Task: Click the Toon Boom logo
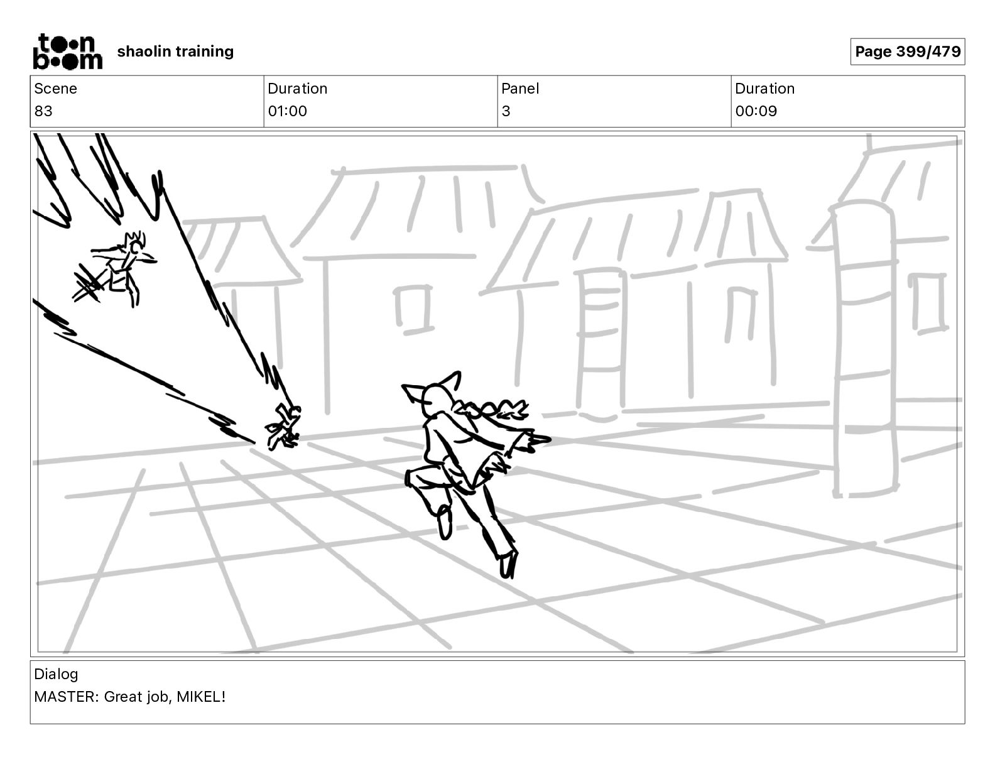pyautogui.click(x=67, y=52)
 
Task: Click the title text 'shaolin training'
pyautogui.click(x=175, y=52)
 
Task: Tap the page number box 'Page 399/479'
pyautogui.click(x=907, y=52)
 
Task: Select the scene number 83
pyautogui.click(x=43, y=111)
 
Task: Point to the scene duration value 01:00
pyautogui.click(x=287, y=111)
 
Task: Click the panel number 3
pyautogui.click(x=506, y=111)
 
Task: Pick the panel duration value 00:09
pyautogui.click(x=756, y=111)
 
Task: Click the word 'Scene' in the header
pyautogui.click(x=55, y=89)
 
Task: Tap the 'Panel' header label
pyautogui.click(x=520, y=89)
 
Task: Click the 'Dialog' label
pyautogui.click(x=56, y=674)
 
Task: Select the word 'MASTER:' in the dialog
pyautogui.click(x=66, y=697)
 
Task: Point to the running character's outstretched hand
pyautogui.click(x=538, y=439)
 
